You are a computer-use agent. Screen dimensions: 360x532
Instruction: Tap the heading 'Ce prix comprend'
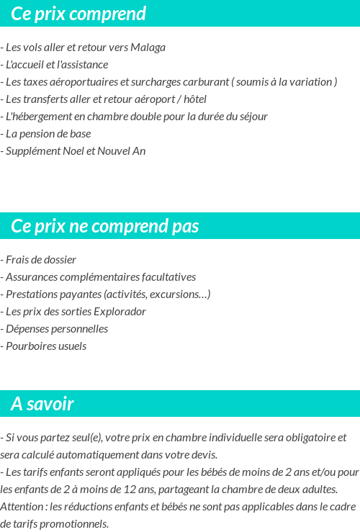click(78, 14)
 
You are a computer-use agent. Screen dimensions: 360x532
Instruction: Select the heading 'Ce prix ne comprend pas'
click(105, 226)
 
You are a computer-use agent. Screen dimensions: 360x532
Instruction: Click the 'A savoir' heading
click(42, 404)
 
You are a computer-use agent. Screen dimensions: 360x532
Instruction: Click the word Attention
click(22, 507)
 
